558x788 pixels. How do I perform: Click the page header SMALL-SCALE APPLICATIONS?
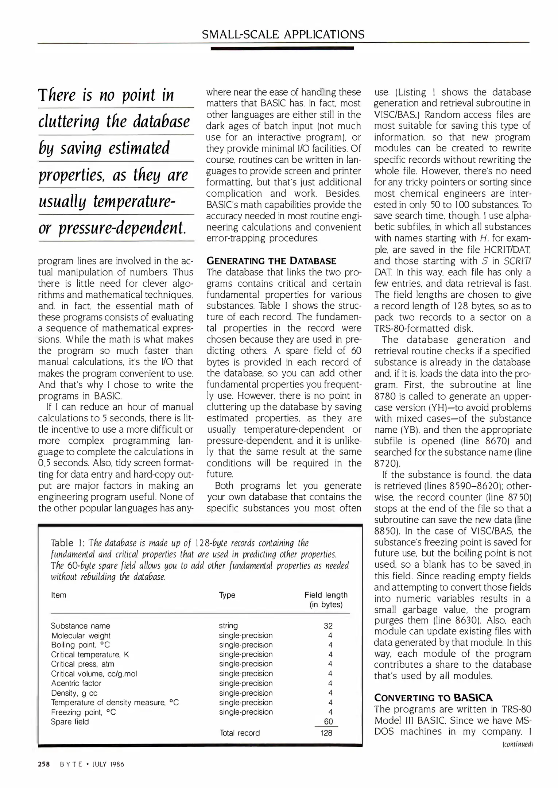pyautogui.click(x=283, y=34)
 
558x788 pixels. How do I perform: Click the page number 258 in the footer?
pyautogui.click(x=44, y=764)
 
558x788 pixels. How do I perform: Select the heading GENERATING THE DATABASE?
pyautogui.click(x=271, y=261)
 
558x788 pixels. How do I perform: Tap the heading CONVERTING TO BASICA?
pyautogui.click(x=433, y=698)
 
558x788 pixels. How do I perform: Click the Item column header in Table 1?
pyautogui.click(x=59, y=595)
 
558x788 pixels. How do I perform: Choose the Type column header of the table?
pyautogui.click(x=227, y=595)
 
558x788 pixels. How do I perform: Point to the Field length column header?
pyautogui.click(x=326, y=599)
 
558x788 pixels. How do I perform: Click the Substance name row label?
pyautogui.click(x=80, y=626)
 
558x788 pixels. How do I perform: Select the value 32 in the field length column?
pyautogui.click(x=328, y=626)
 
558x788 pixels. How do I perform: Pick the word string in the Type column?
pyautogui.click(x=228, y=626)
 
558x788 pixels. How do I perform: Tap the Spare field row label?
pyautogui.click(x=70, y=722)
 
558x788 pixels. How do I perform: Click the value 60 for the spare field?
pyautogui.click(x=328, y=722)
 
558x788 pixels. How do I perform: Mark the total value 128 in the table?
pyautogui.click(x=326, y=733)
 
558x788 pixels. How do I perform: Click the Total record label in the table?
pyautogui.click(x=240, y=733)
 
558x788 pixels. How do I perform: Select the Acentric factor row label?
pyautogui.click(x=76, y=683)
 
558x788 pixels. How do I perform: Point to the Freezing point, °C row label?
pyautogui.click(x=83, y=712)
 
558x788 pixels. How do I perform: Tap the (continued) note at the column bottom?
pyautogui.click(x=518, y=744)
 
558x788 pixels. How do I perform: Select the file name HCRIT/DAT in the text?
pyautogui.click(x=505, y=250)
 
